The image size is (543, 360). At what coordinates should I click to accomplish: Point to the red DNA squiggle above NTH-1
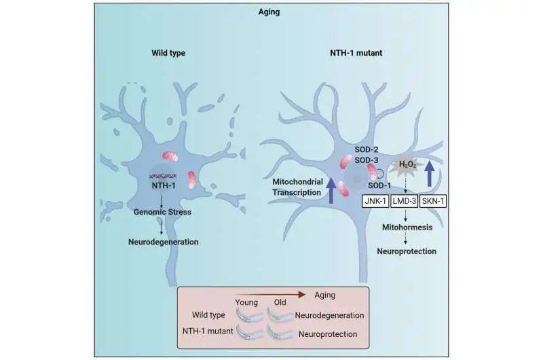[164, 175]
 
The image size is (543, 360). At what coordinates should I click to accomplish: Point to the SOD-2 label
[367, 148]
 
